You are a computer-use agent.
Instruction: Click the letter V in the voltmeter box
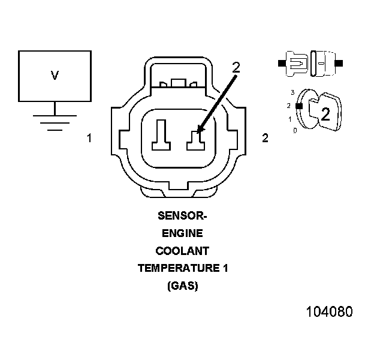pos(55,75)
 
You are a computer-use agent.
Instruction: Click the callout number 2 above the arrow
pos(236,67)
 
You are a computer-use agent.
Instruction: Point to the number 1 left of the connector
pos(89,138)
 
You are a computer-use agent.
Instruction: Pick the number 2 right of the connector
pos(265,138)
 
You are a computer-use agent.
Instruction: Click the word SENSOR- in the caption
pos(182,215)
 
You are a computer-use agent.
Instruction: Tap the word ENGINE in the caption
pos(182,233)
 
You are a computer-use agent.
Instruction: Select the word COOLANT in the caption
pos(182,251)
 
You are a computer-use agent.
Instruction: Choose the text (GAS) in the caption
pos(182,286)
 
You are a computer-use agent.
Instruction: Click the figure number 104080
pos(329,312)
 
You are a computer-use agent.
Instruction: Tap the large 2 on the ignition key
pos(325,115)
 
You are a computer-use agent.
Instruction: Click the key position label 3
pos(292,92)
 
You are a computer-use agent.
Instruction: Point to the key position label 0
pos(295,130)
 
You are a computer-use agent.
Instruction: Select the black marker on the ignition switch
pos(299,106)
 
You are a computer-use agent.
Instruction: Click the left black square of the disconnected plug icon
pos(281,62)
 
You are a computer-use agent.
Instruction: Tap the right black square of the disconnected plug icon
pos(339,62)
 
